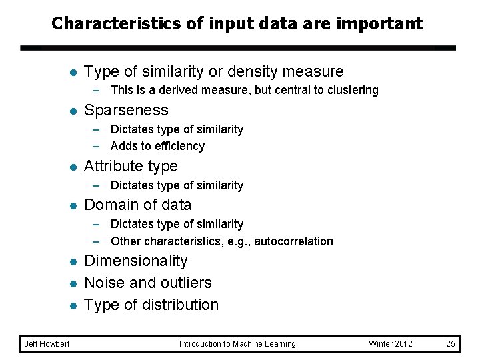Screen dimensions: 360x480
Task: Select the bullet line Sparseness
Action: [126, 110]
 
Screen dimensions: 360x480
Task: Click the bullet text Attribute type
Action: [131, 166]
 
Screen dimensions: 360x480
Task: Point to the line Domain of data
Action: [137, 205]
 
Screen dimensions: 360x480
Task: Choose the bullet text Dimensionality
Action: [135, 261]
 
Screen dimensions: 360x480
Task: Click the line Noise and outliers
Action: [147, 283]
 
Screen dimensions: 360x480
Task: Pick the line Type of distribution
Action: [151, 305]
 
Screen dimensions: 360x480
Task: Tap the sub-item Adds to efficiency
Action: [157, 146]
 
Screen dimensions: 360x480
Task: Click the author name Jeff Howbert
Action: [47, 344]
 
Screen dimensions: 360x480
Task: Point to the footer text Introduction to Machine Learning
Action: [237, 344]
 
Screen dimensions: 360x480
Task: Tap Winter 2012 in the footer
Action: [391, 344]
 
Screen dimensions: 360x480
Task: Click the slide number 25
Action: [451, 344]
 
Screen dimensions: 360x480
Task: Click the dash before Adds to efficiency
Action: [97, 146]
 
